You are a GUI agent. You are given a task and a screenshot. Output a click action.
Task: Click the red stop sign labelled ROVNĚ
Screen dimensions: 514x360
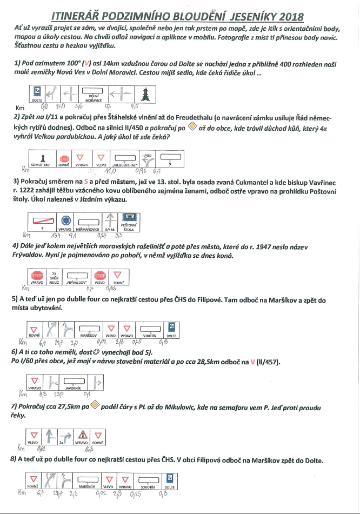tap(65, 159)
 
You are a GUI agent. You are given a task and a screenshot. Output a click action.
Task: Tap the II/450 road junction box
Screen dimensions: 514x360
tap(148, 158)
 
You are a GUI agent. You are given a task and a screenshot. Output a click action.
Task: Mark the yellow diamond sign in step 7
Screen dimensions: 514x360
tap(94, 405)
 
